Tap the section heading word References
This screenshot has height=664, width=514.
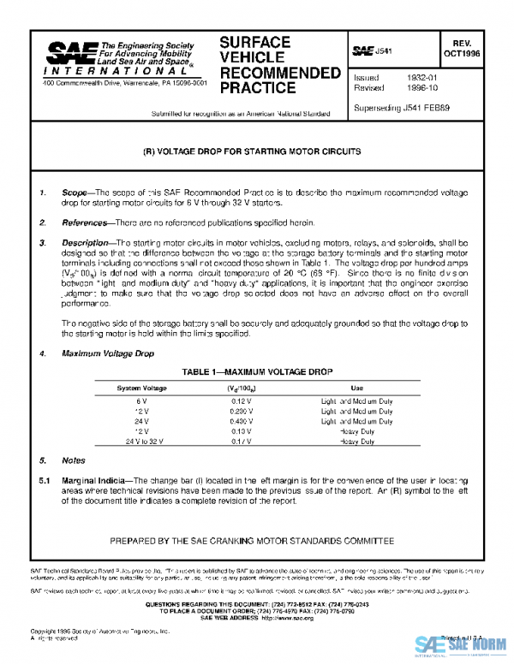(x=84, y=222)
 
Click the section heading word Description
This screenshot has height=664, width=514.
(x=85, y=243)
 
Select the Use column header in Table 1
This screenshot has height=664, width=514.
(x=357, y=388)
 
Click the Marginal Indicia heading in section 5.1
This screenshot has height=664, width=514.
(x=94, y=481)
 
